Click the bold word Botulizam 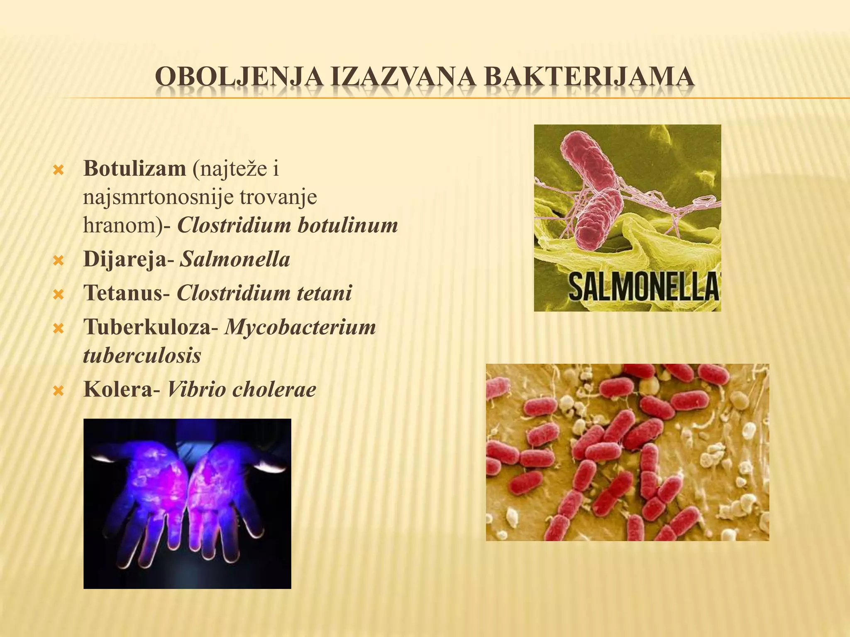(x=134, y=168)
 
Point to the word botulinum (x=348, y=225)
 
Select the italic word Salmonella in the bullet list (x=235, y=259)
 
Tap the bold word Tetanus (x=123, y=293)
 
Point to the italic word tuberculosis (x=142, y=355)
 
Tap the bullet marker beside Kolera (x=59, y=390)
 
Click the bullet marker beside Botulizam (x=59, y=170)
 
